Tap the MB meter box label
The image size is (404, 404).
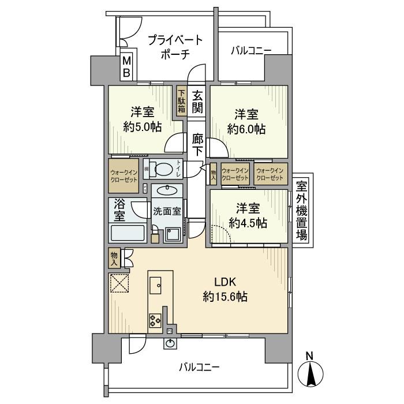(x=126, y=67)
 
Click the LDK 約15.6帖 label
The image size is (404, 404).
(x=225, y=290)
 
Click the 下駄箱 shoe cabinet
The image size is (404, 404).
(x=181, y=102)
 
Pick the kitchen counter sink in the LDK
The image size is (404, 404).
(x=156, y=284)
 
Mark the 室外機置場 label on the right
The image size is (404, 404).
(x=301, y=211)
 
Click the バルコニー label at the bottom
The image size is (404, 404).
(x=199, y=366)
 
